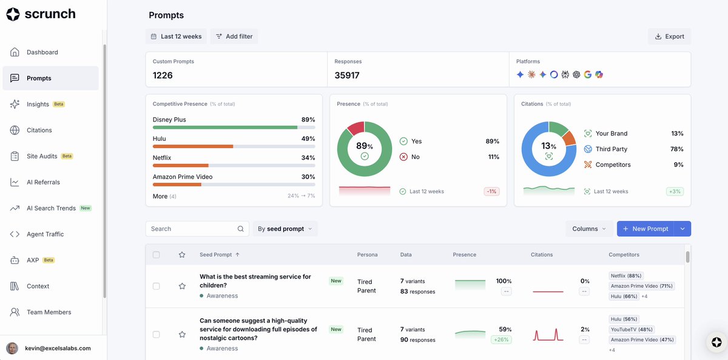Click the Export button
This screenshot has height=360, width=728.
point(670,36)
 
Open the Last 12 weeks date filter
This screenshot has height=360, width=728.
point(176,36)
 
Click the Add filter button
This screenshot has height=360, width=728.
point(234,36)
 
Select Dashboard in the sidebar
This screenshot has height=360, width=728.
point(42,52)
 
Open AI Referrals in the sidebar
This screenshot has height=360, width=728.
point(43,182)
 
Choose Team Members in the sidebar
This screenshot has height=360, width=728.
point(49,312)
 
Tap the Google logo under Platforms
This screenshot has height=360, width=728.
point(588,75)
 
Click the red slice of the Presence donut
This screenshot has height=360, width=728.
point(356,128)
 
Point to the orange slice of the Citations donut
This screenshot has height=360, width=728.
point(570,138)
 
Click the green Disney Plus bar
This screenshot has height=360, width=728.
point(225,127)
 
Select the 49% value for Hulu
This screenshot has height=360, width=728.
point(308,138)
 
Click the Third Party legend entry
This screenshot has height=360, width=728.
point(611,149)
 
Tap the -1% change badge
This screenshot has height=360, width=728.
point(491,192)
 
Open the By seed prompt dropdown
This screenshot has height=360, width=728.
point(285,229)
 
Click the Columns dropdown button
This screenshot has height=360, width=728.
point(589,229)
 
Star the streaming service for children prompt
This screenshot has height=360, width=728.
point(182,286)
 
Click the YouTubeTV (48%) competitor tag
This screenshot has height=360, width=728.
point(632,330)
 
